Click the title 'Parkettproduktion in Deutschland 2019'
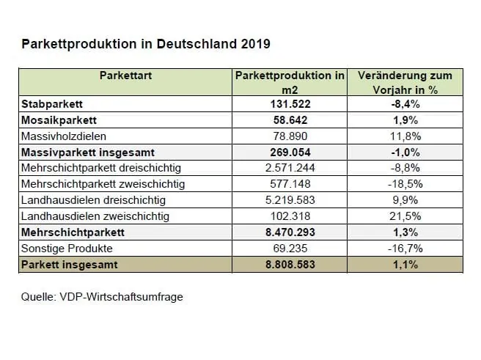(x=146, y=44)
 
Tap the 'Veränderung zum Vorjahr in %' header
(x=404, y=81)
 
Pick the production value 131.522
(x=290, y=103)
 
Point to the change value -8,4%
(x=404, y=103)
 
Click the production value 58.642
(x=290, y=120)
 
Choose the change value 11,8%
(x=404, y=136)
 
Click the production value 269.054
(x=290, y=152)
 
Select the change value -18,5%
(x=404, y=184)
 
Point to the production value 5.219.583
(x=290, y=199)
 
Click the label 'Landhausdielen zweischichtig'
(x=95, y=216)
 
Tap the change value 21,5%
(x=404, y=216)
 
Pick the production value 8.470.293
(x=290, y=232)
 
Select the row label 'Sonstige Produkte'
(x=65, y=248)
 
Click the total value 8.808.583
(x=290, y=264)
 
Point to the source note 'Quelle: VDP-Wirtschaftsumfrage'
(x=102, y=298)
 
